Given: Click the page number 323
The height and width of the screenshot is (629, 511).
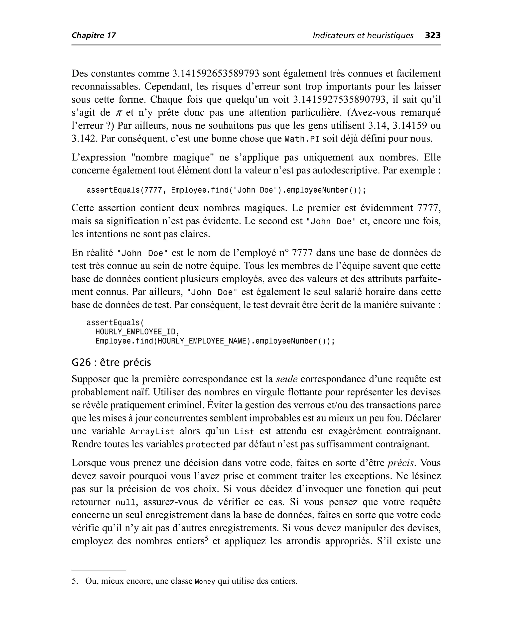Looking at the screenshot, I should pyautogui.click(x=432, y=35).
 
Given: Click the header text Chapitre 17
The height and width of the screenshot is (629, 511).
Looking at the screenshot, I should pyautogui.click(x=94, y=36).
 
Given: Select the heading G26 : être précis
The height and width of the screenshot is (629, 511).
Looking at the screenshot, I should pyautogui.click(x=111, y=362).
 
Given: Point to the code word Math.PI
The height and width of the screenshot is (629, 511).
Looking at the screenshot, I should pyautogui.click(x=302, y=139).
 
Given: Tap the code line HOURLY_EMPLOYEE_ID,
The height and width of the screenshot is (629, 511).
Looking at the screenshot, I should pyautogui.click(x=137, y=332).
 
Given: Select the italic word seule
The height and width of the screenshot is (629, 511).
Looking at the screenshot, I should pyautogui.click(x=287, y=379).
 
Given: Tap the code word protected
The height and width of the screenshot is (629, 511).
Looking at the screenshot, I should pyautogui.click(x=208, y=445).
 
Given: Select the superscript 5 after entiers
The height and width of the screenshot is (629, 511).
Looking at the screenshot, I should pyautogui.click(x=206, y=538).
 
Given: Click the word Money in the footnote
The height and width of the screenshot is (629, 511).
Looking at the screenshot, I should pyautogui.click(x=205, y=581).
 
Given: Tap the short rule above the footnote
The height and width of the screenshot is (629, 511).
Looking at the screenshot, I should pyautogui.click(x=98, y=570).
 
